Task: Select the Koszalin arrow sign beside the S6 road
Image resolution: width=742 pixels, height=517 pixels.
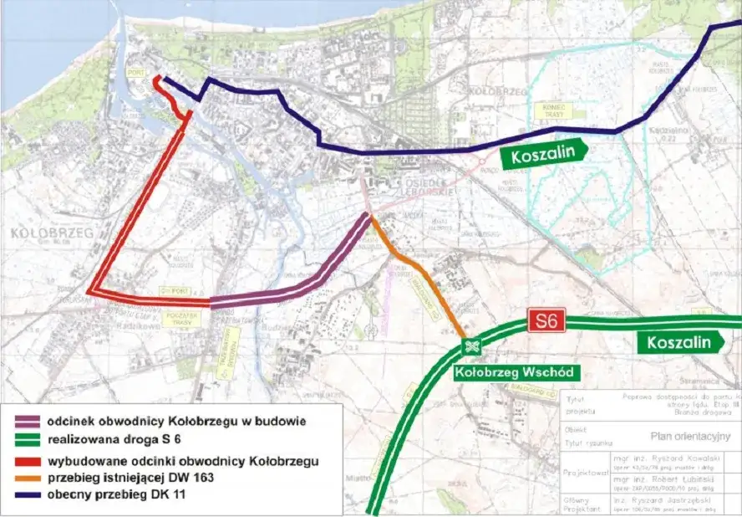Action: click(683, 342)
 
